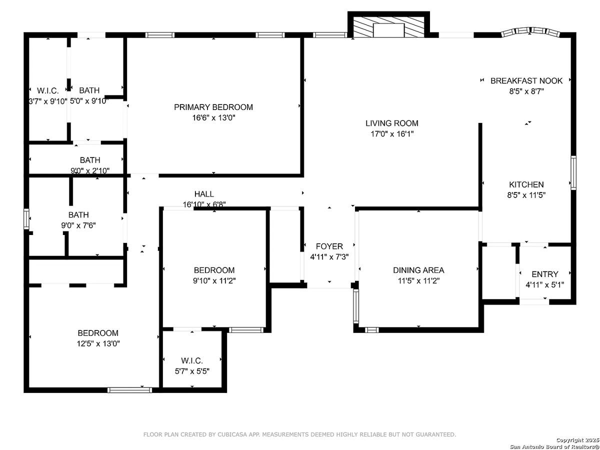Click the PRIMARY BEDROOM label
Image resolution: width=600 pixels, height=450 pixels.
pos(213,107)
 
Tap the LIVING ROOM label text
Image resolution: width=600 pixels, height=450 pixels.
pos(391,123)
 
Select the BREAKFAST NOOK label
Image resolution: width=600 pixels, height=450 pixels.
pos(526,81)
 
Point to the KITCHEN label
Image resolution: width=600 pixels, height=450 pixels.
pos(526,184)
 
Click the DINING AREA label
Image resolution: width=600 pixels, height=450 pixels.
pos(418,270)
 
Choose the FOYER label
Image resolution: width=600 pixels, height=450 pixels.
pos(329,246)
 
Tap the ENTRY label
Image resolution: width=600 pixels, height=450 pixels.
pos(544,274)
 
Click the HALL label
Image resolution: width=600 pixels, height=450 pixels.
pos(204,194)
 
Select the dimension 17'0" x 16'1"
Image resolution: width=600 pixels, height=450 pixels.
pos(391,134)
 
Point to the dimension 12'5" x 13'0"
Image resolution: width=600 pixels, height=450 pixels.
pos(98,343)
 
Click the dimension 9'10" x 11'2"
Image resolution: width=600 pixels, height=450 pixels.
pos(214,281)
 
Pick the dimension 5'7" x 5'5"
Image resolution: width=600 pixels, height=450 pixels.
pos(192,371)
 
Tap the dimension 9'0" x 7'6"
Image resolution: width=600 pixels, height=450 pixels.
pos(78,225)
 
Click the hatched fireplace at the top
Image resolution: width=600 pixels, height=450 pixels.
pos(388,27)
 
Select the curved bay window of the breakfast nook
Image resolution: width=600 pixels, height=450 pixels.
pos(529,32)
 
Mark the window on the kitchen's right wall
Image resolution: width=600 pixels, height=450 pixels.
pos(573,172)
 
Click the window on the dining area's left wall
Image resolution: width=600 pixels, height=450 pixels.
pos(355,306)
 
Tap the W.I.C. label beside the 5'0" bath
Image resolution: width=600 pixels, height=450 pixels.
pos(48,90)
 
